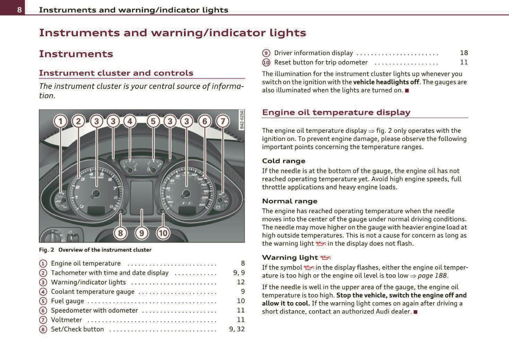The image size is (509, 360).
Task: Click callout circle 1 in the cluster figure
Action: [x=60, y=121]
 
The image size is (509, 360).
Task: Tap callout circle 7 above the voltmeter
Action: [x=222, y=121]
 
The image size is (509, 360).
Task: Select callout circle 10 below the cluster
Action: [x=163, y=233]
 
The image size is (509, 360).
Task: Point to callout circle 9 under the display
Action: [x=142, y=233]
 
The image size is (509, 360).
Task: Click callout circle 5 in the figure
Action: [x=153, y=121]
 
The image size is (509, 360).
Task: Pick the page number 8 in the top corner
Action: [x=19, y=10]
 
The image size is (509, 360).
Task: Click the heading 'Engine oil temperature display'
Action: [x=336, y=112]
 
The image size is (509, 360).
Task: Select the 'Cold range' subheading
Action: [x=284, y=161]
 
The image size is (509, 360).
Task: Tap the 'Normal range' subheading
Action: [x=290, y=201]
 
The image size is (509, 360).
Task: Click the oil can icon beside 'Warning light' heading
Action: [x=325, y=258]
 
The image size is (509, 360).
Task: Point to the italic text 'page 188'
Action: [x=432, y=276]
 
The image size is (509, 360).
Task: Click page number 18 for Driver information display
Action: [x=464, y=53]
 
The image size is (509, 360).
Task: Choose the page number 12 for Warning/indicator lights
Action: [x=241, y=282]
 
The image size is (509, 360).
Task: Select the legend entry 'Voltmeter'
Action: [x=67, y=320]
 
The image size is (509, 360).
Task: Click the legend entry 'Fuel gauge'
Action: [x=68, y=301]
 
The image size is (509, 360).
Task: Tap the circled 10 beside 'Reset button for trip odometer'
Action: [x=266, y=63]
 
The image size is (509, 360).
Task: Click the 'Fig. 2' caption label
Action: [x=46, y=250]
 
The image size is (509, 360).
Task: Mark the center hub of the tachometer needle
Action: [x=96, y=193]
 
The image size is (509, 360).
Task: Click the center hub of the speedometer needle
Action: [x=186, y=193]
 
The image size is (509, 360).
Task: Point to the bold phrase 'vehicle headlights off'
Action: [x=386, y=82]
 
